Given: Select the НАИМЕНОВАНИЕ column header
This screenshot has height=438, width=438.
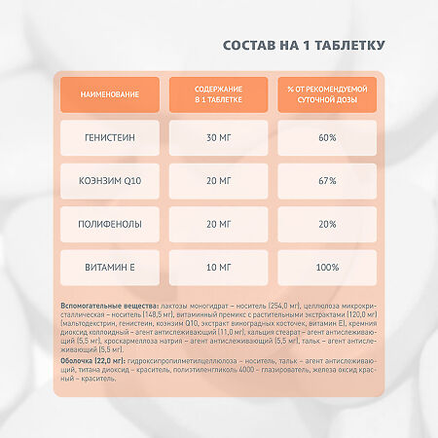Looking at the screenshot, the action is pyautogui.click(x=110, y=94).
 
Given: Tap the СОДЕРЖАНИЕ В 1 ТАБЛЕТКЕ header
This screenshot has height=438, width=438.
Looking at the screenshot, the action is pyautogui.click(x=218, y=94).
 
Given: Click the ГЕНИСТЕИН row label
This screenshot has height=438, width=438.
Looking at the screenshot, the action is pyautogui.click(x=110, y=138).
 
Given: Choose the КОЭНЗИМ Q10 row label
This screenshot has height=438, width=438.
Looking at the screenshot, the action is pyautogui.click(x=110, y=181).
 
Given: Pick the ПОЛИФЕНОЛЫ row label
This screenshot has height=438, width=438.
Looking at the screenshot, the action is pyautogui.click(x=110, y=224).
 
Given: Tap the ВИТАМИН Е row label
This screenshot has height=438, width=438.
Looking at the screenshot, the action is pyautogui.click(x=110, y=267).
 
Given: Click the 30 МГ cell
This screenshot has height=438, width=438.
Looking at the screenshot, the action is pyautogui.click(x=218, y=138).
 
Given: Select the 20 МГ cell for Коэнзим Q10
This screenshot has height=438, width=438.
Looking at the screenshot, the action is pyautogui.click(x=218, y=181).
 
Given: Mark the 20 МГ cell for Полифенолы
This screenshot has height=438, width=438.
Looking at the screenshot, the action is pyautogui.click(x=218, y=224).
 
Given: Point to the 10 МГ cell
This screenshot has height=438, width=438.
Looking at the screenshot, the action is pyautogui.click(x=218, y=267).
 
